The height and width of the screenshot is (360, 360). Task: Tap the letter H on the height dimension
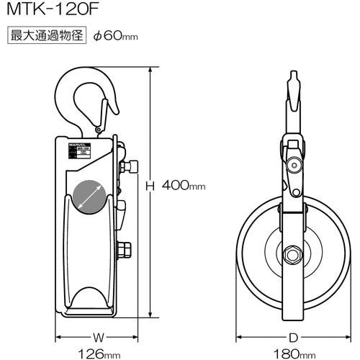(x=150, y=186)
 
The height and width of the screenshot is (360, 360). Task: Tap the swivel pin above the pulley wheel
(x=292, y=165)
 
